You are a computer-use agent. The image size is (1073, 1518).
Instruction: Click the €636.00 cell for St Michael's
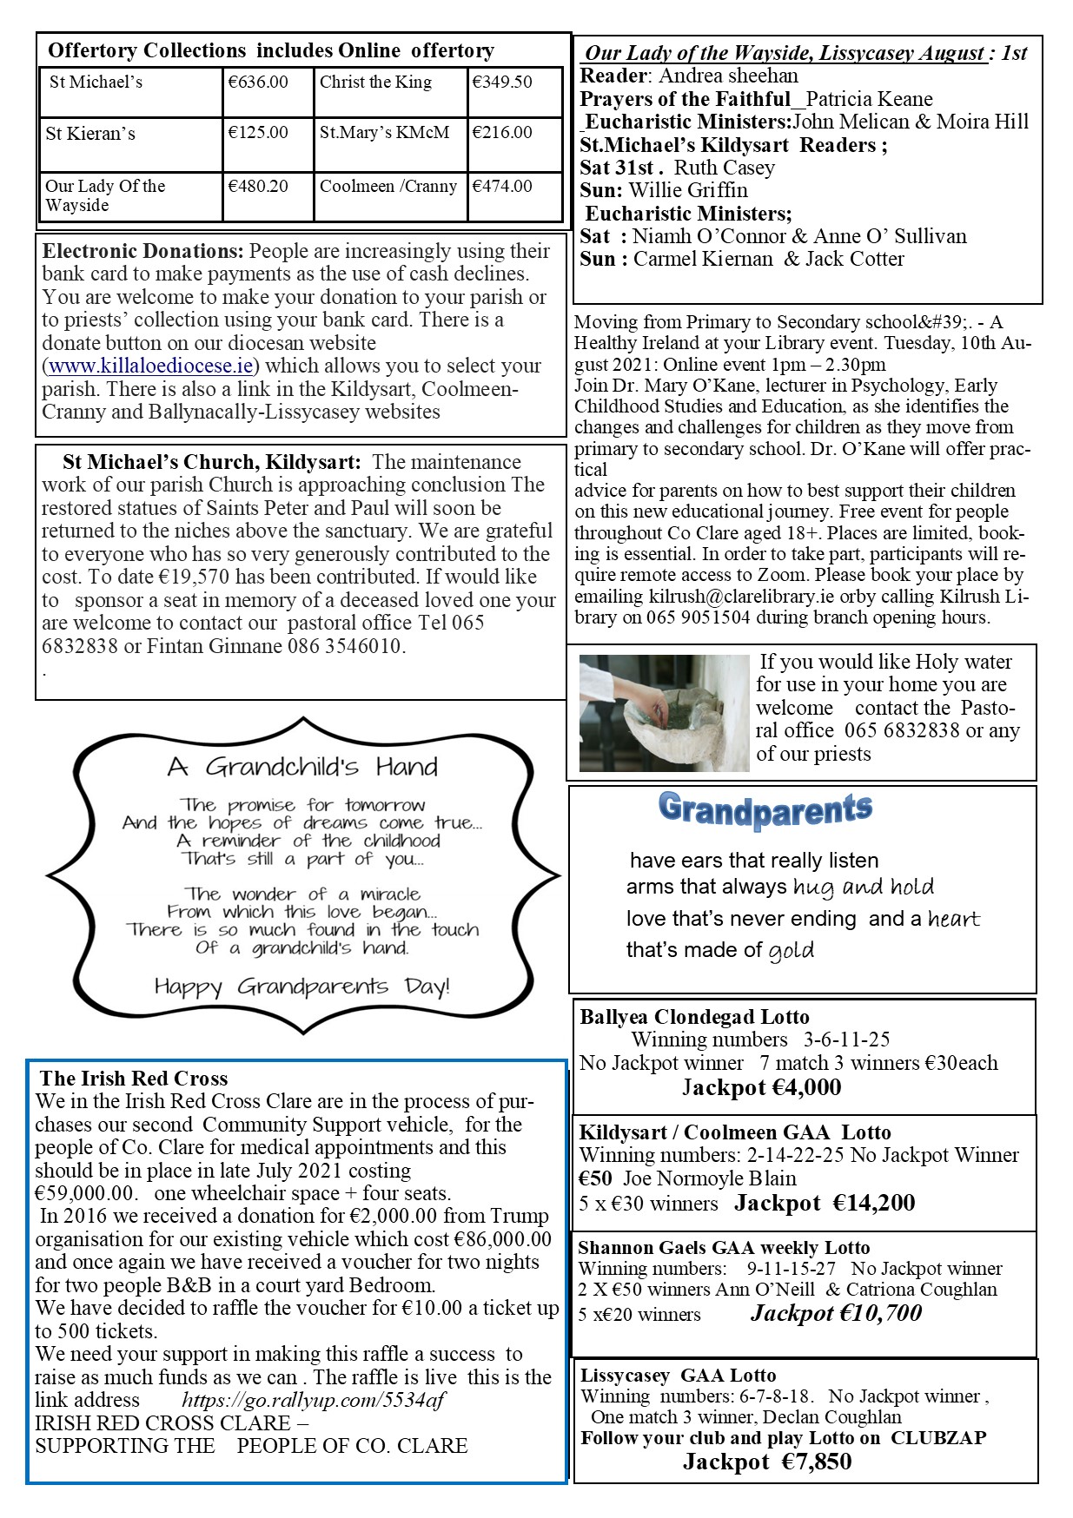tap(258, 82)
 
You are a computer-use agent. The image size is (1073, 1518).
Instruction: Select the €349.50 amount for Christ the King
tap(502, 82)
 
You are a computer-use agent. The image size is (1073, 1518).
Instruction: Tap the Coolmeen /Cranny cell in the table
tap(388, 186)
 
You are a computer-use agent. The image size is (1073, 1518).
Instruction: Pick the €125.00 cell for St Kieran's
tap(258, 133)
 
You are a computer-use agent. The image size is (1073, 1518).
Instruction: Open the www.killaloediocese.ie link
tap(153, 366)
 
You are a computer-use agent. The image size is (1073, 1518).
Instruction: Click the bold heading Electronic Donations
tap(143, 252)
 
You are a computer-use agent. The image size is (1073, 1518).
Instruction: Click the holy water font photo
tap(664, 713)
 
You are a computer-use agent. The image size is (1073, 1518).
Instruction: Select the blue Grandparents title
tap(765, 809)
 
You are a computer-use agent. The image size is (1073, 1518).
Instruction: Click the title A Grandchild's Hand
tap(302, 767)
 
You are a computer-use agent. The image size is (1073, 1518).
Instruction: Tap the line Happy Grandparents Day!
tap(301, 987)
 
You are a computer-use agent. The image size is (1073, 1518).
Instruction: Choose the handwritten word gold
tap(791, 950)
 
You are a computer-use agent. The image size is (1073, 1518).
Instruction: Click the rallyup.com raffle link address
tap(314, 1400)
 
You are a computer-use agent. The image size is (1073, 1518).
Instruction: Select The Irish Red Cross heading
tap(134, 1079)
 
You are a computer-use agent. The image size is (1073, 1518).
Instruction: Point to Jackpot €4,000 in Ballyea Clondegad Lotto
tap(761, 1087)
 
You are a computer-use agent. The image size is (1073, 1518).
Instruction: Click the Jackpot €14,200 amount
tap(825, 1203)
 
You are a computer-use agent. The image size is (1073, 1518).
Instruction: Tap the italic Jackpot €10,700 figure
tap(836, 1313)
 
